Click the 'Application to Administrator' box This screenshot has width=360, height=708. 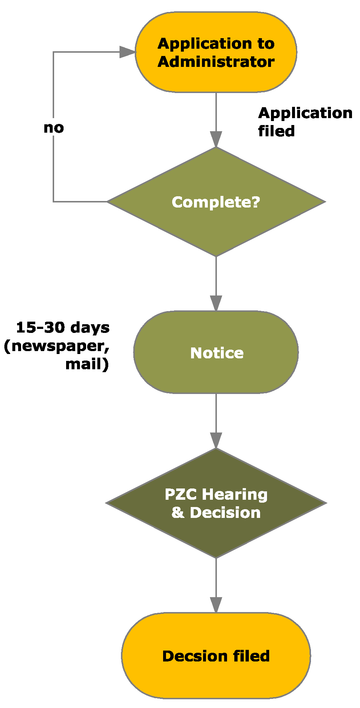(x=216, y=52)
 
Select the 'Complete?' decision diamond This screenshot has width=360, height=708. (x=216, y=202)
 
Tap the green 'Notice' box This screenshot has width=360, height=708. (x=216, y=352)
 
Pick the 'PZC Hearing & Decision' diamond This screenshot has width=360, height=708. (x=216, y=503)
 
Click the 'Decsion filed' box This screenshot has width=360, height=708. (x=216, y=656)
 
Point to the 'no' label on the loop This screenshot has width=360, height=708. (x=54, y=128)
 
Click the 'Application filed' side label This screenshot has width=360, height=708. (x=305, y=122)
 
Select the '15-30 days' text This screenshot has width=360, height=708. (x=63, y=327)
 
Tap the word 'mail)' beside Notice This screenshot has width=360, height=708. (x=87, y=364)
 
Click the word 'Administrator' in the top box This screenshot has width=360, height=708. (x=216, y=62)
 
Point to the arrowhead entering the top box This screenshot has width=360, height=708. (x=128, y=52)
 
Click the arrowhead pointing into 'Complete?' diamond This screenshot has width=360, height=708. (x=216, y=139)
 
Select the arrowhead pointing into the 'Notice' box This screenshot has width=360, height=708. (x=216, y=303)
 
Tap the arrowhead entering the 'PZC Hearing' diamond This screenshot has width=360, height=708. (x=216, y=440)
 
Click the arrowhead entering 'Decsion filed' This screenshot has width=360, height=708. (x=216, y=605)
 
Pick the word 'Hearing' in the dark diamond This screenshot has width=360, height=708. (x=235, y=494)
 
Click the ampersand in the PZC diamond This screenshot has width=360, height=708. (x=178, y=512)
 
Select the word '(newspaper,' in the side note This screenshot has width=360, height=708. (x=57, y=346)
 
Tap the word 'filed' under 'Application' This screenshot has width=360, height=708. (x=276, y=131)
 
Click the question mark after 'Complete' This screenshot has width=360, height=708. (x=256, y=202)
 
